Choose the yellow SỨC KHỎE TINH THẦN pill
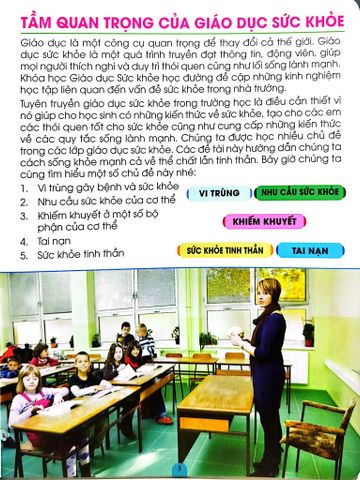[x=222, y=250]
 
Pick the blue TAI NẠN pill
[x=310, y=250]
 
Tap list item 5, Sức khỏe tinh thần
[x=68, y=255]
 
